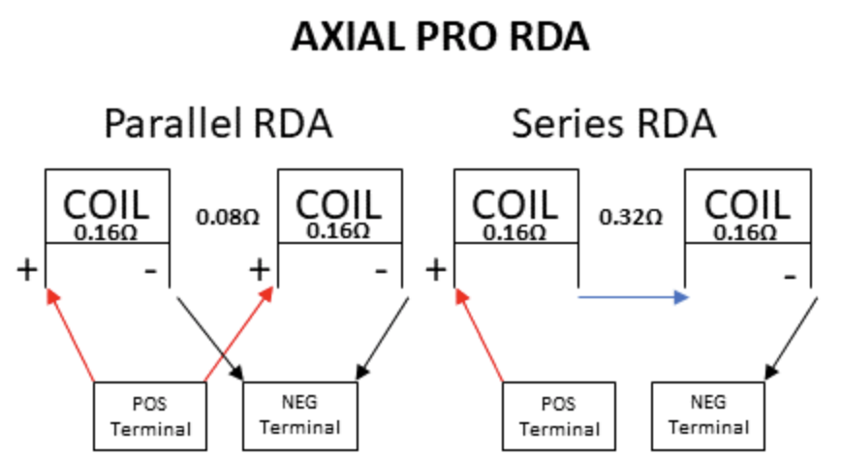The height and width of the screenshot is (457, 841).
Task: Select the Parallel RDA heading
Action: click(x=218, y=125)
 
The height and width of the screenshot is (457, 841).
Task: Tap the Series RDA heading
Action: click(x=614, y=125)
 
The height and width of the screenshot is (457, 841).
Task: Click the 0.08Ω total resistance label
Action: click(x=228, y=217)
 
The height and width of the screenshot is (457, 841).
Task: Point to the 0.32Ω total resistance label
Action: click(x=631, y=217)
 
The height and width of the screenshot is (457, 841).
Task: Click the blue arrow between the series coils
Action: click(x=633, y=297)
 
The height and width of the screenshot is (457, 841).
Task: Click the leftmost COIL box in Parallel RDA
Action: click(x=107, y=207)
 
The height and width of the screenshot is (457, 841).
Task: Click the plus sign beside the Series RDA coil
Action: click(x=436, y=268)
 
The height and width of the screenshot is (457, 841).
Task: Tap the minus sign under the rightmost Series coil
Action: click(x=790, y=277)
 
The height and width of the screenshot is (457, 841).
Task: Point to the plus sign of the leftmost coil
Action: click(x=27, y=268)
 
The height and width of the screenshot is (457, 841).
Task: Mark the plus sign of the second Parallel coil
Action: click(x=259, y=268)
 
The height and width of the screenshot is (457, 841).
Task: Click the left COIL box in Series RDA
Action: click(x=515, y=207)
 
